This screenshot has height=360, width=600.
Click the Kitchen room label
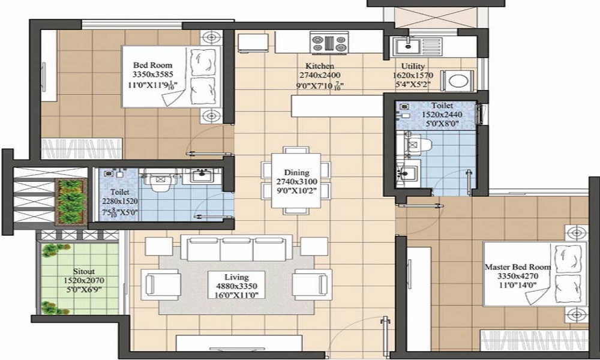pos(320,66)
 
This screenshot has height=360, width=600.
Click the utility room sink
pos(410,44)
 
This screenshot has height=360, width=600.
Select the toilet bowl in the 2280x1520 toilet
pos(160,181)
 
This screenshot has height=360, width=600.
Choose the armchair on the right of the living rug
pos(311,282)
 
